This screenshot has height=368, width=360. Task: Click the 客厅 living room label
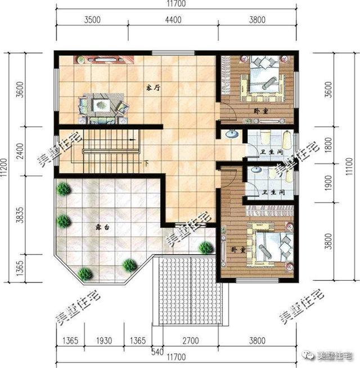pyautogui.click(x=153, y=88)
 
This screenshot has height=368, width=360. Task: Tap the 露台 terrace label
pyautogui.click(x=102, y=227)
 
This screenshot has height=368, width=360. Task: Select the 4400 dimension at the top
pyautogui.click(x=173, y=20)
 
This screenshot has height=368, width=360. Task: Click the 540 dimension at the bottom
pyautogui.click(x=157, y=352)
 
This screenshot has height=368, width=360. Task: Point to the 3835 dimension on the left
pyautogui.click(x=21, y=214)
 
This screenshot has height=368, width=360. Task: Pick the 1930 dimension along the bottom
pyautogui.click(x=104, y=340)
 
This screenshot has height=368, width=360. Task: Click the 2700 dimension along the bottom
pyautogui.click(x=191, y=340)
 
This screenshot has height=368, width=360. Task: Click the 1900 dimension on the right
pyautogui.click(x=329, y=183)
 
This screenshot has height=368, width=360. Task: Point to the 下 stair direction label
pyautogui.click(x=146, y=163)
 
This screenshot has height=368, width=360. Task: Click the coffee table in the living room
pyautogui.click(x=101, y=105)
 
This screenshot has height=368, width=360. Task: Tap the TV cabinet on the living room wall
pyautogui.click(x=103, y=60)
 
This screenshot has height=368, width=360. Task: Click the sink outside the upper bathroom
pyautogui.click(x=232, y=134)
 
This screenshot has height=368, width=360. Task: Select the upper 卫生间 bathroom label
pyautogui.click(x=272, y=152)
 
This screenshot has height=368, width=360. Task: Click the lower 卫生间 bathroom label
pyautogui.click(x=273, y=192)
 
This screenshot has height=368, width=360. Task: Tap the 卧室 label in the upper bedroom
pyautogui.click(x=261, y=111)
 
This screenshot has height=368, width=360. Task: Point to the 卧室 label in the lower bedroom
pyautogui.click(x=238, y=250)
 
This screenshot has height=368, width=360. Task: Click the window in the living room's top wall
pyautogui.click(x=173, y=53)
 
